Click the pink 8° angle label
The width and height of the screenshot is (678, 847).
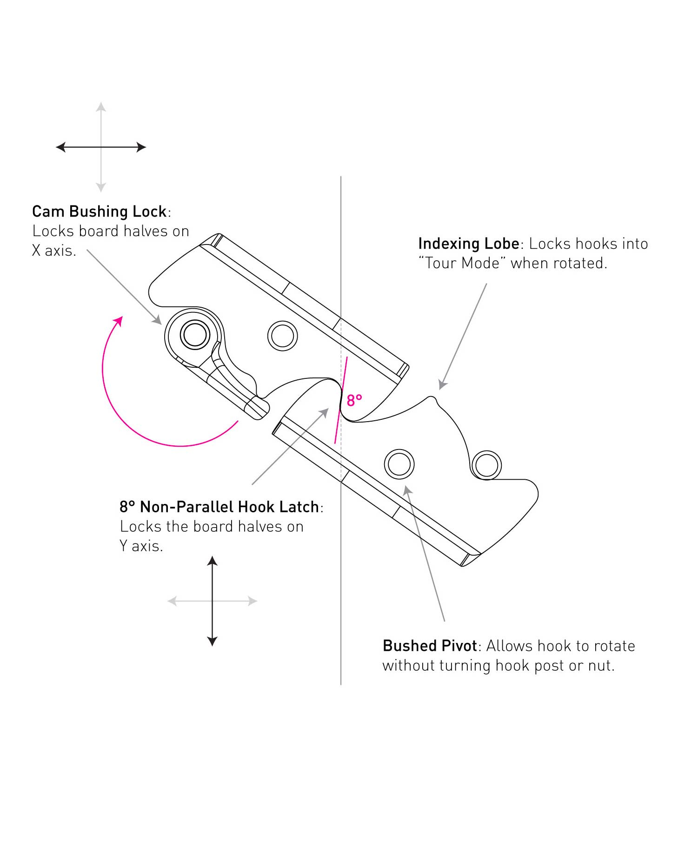(354, 400)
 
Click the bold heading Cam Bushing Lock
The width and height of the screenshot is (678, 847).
(99, 212)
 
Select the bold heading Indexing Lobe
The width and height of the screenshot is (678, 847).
(468, 244)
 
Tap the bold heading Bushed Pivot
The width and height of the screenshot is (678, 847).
(430, 646)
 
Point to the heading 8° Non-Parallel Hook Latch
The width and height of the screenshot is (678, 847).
(219, 507)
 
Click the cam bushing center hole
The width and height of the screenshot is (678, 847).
(195, 334)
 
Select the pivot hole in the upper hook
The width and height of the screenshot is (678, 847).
(282, 336)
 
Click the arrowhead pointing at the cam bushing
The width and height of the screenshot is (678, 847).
(157, 320)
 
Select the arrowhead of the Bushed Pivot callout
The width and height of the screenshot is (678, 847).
(407, 490)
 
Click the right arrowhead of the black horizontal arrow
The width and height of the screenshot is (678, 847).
(141, 147)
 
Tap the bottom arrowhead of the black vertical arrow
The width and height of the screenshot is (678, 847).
(212, 641)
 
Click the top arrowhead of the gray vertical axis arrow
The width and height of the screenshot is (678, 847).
(101, 107)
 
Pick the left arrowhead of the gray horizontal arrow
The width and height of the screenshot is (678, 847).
(172, 601)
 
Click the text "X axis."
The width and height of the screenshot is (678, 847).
(53, 251)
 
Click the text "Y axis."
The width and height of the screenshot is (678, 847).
(141, 546)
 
